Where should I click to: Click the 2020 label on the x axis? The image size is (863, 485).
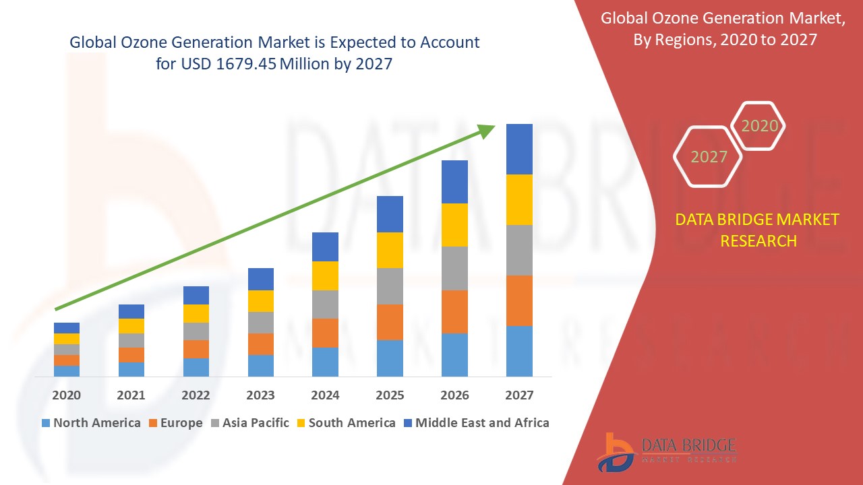click(66, 395)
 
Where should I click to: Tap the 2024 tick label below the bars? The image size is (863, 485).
click(325, 395)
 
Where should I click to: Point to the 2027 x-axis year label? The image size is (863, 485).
click(519, 395)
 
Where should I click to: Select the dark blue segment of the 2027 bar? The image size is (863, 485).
click(519, 149)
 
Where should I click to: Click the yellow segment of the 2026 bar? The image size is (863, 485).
click(454, 225)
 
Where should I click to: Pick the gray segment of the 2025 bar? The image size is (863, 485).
click(390, 286)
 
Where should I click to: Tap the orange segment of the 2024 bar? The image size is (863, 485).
click(325, 333)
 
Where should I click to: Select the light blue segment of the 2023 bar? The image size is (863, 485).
click(260, 365)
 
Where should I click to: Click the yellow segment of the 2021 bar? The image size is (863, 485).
click(131, 326)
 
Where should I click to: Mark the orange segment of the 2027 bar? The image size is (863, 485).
click(519, 300)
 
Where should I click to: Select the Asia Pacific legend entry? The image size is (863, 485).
click(249, 423)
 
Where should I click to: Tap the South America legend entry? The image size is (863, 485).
click(345, 423)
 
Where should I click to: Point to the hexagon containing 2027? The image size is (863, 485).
click(708, 157)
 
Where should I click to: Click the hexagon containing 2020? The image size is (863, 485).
click(759, 126)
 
